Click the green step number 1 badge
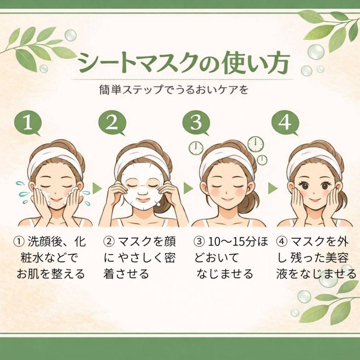pos(27,123)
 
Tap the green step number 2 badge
pos(112,123)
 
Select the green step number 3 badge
pos(196,123)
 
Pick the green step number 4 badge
pos(285,123)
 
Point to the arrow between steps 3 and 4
pos(272,188)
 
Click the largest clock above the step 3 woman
pos(255,144)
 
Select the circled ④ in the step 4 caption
pos(282,242)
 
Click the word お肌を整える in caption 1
pos(51,274)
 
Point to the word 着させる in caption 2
pos(126,274)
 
